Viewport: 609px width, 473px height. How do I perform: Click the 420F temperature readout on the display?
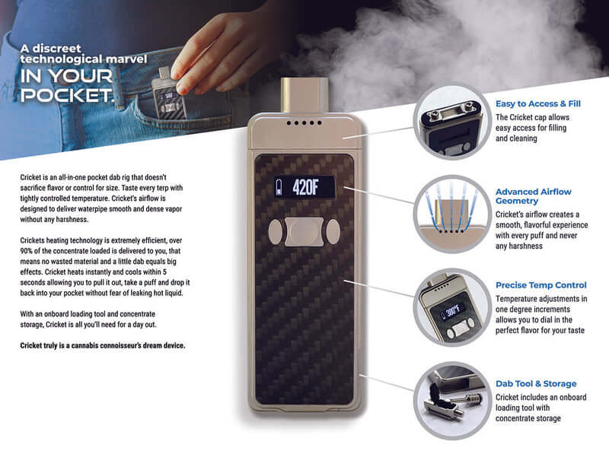click(x=314, y=186)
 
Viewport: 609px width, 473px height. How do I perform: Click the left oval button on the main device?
click(x=273, y=231)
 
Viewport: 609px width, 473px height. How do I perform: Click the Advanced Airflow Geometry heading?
click(x=533, y=197)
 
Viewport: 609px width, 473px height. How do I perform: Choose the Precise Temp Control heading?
click(x=541, y=285)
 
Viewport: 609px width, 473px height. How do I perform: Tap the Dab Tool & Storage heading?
click(x=536, y=384)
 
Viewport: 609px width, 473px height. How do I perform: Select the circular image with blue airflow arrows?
click(x=449, y=213)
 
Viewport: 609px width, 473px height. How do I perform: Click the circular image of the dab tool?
click(x=449, y=399)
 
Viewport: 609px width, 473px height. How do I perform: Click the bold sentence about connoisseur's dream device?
click(x=102, y=346)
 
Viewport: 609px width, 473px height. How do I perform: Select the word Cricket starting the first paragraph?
click(x=32, y=176)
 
